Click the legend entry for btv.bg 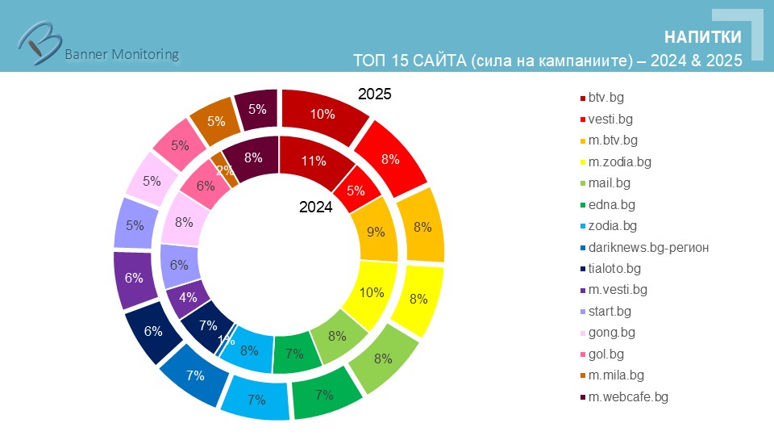coord(605,98)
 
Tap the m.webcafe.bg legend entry coord(628,396)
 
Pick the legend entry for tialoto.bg coord(614,268)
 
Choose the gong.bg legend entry coord(612,332)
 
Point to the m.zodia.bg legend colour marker coord(583,162)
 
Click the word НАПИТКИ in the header coord(703,37)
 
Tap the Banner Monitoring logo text coord(121,54)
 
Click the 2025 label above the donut coord(375,94)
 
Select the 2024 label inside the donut coord(316,207)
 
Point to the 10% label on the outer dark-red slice coord(322,114)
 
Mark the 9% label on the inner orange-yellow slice coord(376,232)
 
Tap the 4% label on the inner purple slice coord(189,296)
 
